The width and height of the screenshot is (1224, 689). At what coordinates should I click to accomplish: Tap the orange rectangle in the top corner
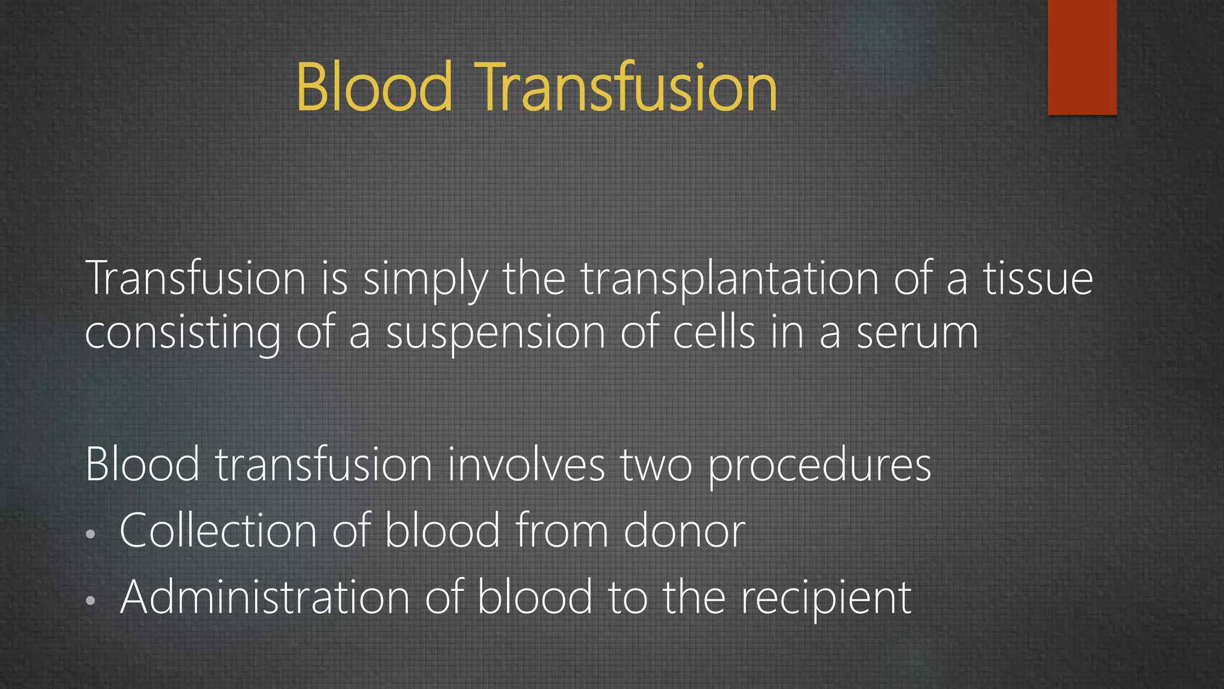1082,57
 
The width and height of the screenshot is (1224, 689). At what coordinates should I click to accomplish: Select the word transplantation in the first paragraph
730,279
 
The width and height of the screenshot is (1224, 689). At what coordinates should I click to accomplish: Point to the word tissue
1038,279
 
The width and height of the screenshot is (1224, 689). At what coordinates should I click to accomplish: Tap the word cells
714,333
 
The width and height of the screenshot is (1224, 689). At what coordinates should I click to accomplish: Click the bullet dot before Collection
90,534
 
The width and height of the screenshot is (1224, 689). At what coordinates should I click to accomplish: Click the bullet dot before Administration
90,600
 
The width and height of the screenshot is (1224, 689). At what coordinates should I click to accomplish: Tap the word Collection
218,531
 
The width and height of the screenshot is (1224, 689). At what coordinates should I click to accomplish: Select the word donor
684,531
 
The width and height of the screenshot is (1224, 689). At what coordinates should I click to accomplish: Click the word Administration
265,597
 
